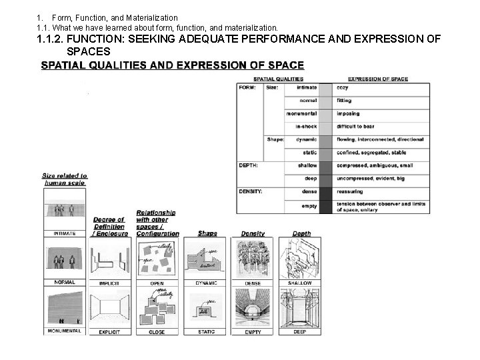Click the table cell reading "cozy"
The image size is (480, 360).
pyautogui.click(x=343, y=87)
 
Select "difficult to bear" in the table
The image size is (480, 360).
pyautogui.click(x=358, y=126)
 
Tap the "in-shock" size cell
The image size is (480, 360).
pyautogui.click(x=306, y=126)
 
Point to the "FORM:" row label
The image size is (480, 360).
pyautogui.click(x=248, y=87)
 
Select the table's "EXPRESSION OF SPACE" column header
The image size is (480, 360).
pyautogui.click(x=378, y=79)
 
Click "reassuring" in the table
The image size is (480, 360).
pyautogui.click(x=350, y=191)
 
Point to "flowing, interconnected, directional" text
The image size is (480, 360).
pyautogui.click(x=380, y=139)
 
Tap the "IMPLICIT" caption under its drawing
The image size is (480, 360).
pyautogui.click(x=109, y=283)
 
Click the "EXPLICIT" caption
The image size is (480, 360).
pyautogui.click(x=109, y=331)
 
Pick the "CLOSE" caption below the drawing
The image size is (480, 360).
pyautogui.click(x=157, y=331)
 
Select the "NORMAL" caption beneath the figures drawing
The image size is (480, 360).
pyautogui.click(x=65, y=282)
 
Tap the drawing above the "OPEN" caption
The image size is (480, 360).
pyautogui.click(x=157, y=257)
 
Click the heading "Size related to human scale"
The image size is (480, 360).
pyautogui.click(x=65, y=179)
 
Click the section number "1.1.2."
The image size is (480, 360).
pyautogui.click(x=51, y=39)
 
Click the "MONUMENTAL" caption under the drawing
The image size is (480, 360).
pyautogui.click(x=65, y=331)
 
